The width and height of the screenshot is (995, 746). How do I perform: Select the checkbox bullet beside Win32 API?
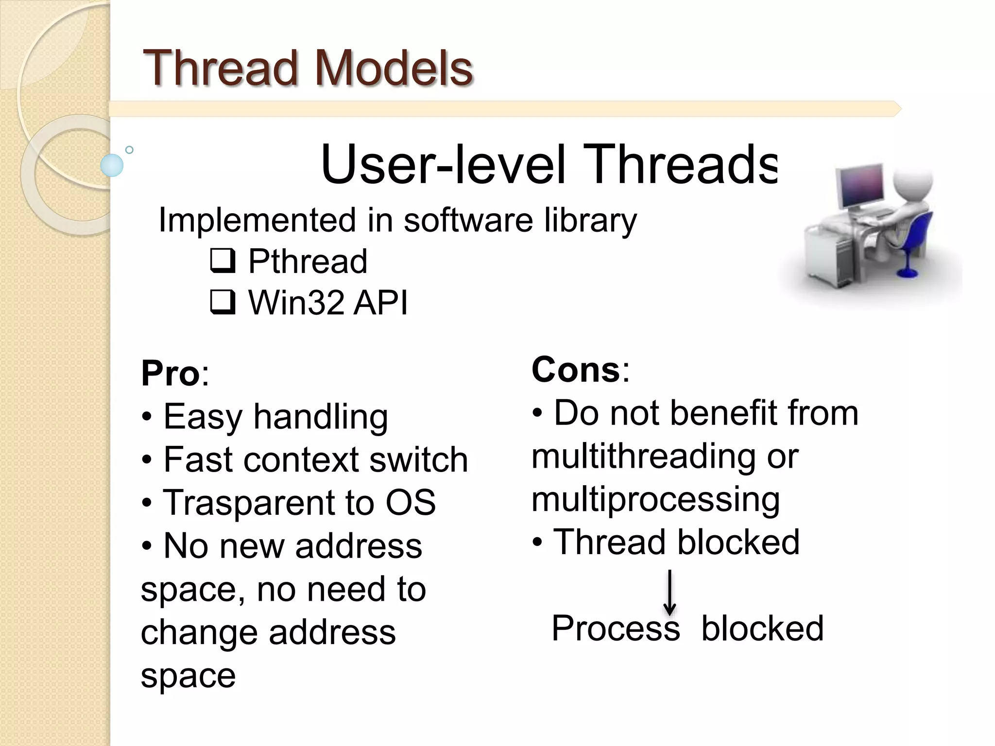223,302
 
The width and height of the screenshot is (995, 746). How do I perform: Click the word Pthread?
308,261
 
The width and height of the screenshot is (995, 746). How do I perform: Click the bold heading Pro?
170,373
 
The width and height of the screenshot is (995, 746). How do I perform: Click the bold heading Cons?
576,370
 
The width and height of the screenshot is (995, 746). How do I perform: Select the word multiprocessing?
655,500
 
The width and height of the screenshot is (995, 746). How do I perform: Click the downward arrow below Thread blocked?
670,593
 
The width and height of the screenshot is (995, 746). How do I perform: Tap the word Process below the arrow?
616,628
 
